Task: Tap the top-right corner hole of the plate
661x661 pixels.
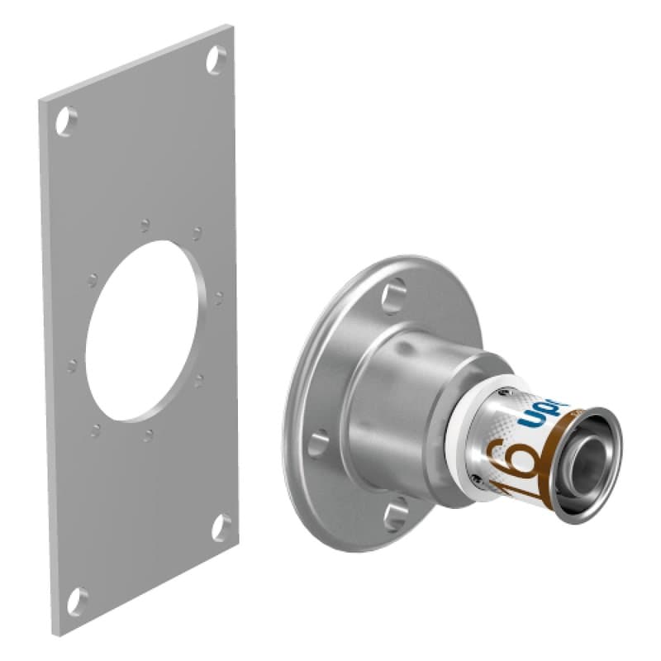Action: point(216,59)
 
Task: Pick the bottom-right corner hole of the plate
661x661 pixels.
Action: point(221,527)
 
